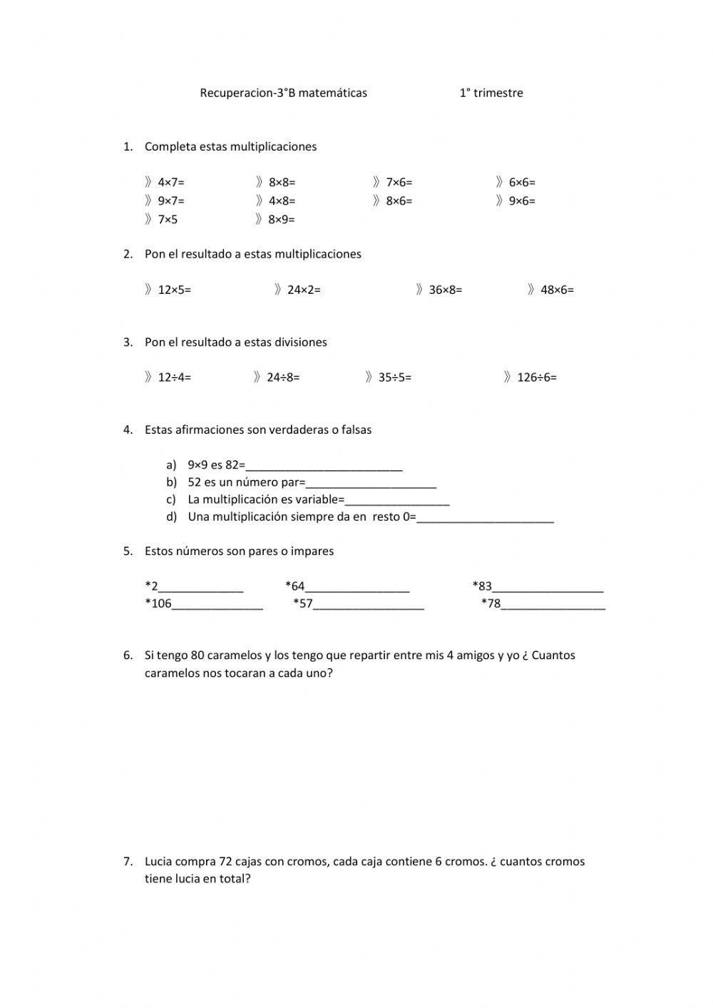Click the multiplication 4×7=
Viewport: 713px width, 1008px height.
point(171,183)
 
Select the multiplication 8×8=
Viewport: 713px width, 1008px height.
point(282,183)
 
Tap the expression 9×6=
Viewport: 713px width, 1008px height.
point(522,201)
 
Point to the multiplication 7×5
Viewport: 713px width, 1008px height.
point(168,220)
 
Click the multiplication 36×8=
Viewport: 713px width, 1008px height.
point(446,290)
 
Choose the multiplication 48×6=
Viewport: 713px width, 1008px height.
point(558,290)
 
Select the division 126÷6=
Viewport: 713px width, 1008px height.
point(537,377)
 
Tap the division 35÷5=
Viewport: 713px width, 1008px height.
point(395,377)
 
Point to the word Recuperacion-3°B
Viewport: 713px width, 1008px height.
point(247,93)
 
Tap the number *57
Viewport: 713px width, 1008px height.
point(303,604)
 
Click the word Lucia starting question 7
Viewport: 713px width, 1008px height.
point(158,862)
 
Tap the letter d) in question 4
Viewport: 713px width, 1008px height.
point(171,516)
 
